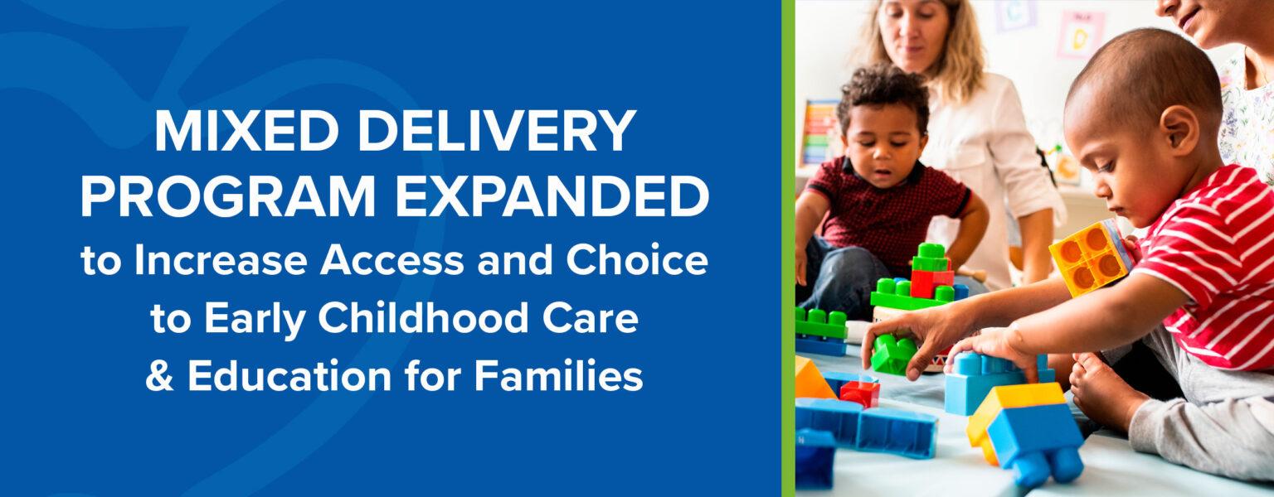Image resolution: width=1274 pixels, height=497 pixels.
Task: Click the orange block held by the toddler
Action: pos(1090,258)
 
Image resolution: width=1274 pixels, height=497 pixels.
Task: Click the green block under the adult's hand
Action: pos(893,354)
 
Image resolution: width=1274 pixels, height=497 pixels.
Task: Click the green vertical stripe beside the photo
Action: pos(788,248)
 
